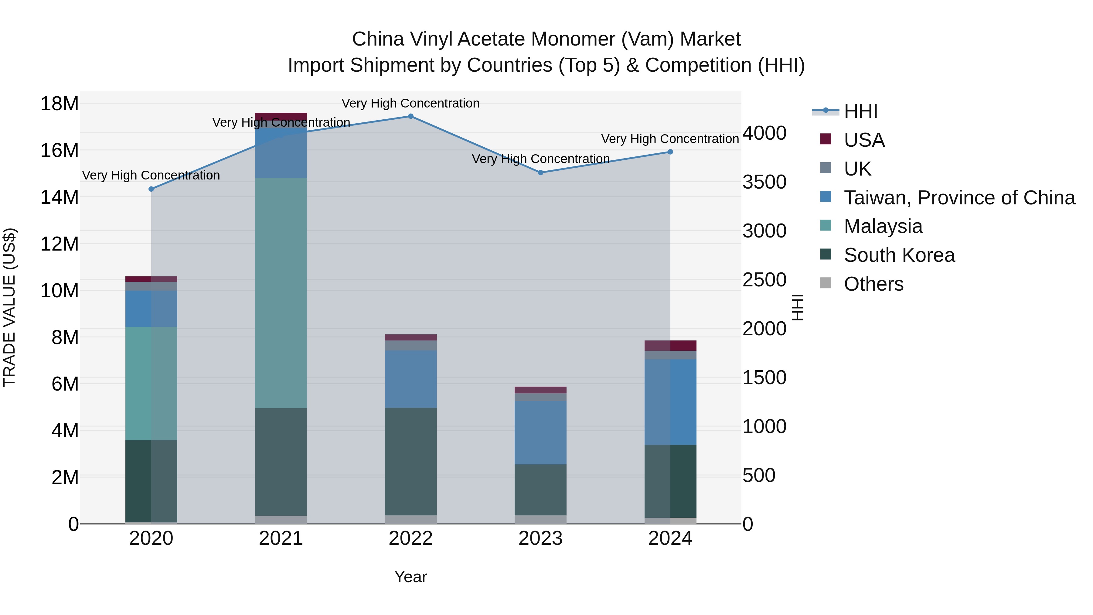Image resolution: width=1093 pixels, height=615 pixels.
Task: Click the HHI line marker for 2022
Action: (x=410, y=116)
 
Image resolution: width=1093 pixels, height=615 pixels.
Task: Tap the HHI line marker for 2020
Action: (x=151, y=189)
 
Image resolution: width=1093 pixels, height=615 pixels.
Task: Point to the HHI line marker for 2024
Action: (x=670, y=152)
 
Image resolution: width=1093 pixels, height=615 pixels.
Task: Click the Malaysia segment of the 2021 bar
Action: (x=281, y=293)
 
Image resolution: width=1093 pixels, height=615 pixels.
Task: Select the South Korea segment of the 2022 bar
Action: (x=410, y=461)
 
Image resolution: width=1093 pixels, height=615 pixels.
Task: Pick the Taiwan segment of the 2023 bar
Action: (x=540, y=432)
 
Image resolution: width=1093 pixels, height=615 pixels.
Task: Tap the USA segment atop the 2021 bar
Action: (x=281, y=116)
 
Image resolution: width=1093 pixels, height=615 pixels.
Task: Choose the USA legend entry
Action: (x=864, y=140)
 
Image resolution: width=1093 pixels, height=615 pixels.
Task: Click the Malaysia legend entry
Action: (x=883, y=226)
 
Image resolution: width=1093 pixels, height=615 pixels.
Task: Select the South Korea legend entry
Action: (x=899, y=255)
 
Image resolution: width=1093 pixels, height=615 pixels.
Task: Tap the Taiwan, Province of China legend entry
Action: (x=959, y=198)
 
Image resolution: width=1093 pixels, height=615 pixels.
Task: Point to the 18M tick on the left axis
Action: (x=60, y=104)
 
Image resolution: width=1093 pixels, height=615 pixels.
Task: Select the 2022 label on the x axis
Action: (x=410, y=538)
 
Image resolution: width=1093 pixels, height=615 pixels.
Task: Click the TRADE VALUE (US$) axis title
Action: (x=10, y=307)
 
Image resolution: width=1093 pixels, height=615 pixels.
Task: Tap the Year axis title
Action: (x=410, y=577)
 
